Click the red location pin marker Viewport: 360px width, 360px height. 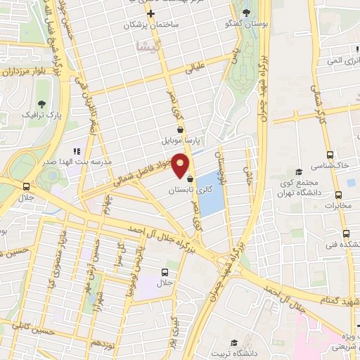181,163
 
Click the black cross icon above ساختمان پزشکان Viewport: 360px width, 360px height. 150,13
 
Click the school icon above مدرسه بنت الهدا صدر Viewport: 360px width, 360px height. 77,150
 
